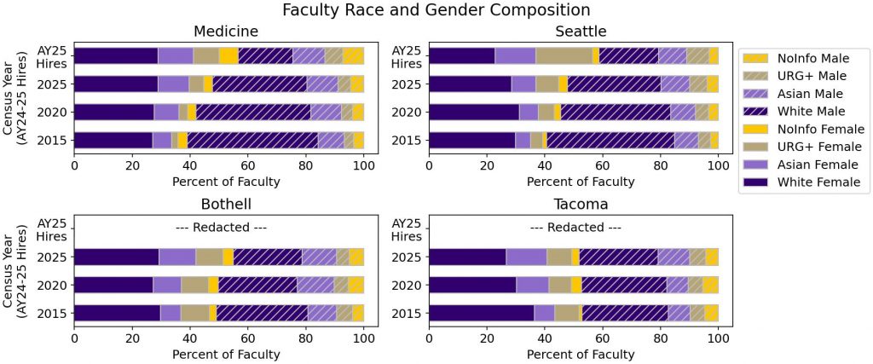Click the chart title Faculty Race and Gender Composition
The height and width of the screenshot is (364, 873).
(x=436, y=10)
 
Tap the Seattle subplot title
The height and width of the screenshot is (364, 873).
(x=573, y=32)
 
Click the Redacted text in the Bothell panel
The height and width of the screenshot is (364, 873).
(x=219, y=228)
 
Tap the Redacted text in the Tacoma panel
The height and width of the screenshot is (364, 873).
(x=573, y=228)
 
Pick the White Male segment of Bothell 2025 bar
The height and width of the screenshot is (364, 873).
(x=268, y=257)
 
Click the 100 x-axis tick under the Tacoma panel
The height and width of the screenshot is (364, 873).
(x=718, y=337)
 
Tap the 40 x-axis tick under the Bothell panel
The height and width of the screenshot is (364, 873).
(x=190, y=337)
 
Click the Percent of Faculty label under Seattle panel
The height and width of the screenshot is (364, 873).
(x=573, y=181)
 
